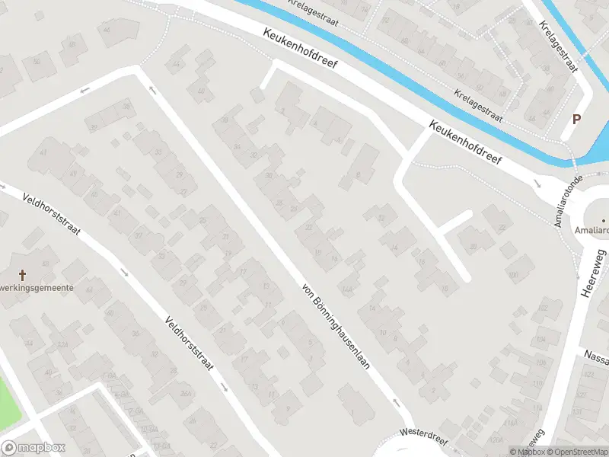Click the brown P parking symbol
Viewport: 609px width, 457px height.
[x=576, y=119]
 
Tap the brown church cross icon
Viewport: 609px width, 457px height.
[x=22, y=274]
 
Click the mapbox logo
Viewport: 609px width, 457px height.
[x=33, y=448]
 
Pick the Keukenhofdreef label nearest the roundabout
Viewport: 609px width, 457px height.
[x=466, y=144]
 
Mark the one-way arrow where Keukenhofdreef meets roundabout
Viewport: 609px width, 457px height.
[x=537, y=184]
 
